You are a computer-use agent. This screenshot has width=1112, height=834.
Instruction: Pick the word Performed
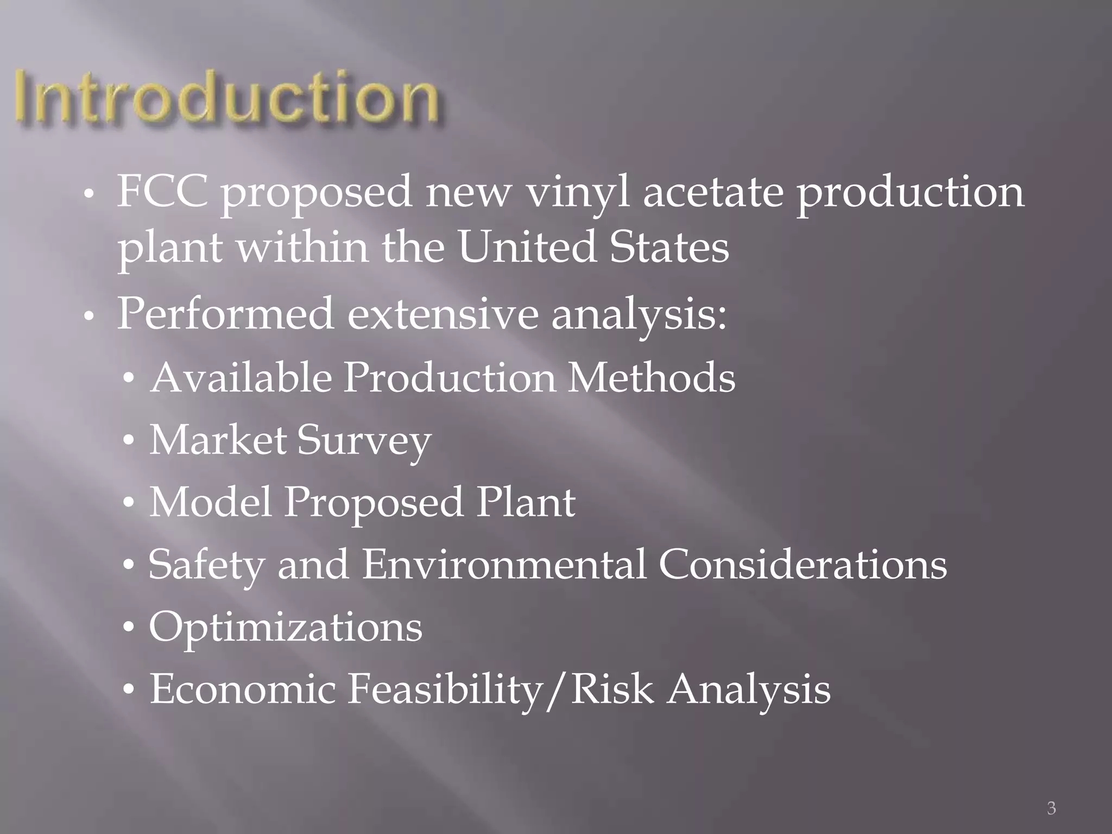(x=225, y=314)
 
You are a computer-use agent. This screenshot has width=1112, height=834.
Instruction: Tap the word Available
(x=241, y=377)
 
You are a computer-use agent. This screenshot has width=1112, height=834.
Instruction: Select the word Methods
(x=652, y=377)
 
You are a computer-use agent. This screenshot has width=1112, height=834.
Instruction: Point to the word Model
(x=211, y=502)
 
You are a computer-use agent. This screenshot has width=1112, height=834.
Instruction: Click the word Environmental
(x=504, y=565)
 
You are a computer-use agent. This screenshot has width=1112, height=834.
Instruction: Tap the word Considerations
(x=803, y=565)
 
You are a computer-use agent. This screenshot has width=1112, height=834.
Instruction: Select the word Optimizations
(x=286, y=628)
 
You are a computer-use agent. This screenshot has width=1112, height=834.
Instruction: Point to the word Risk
(x=612, y=690)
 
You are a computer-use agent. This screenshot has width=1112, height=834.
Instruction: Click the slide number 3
(x=1051, y=808)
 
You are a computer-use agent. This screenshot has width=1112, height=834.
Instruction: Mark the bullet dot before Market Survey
(x=128, y=441)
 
